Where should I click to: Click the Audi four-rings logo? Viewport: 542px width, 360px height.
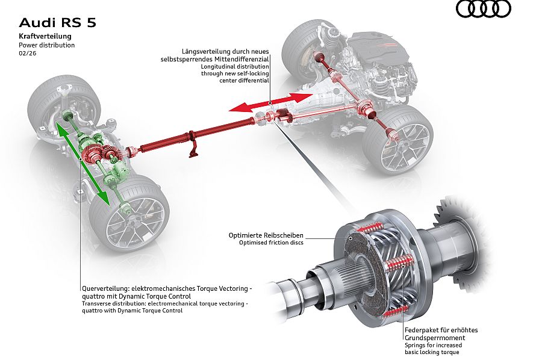(483, 9)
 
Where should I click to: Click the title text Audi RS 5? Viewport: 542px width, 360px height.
(57, 23)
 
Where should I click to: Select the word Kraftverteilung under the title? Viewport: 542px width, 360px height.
(45, 37)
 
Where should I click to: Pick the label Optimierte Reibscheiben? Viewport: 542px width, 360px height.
(266, 235)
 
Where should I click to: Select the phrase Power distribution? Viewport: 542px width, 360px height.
(46, 45)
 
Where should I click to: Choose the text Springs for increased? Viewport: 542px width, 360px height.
(433, 346)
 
